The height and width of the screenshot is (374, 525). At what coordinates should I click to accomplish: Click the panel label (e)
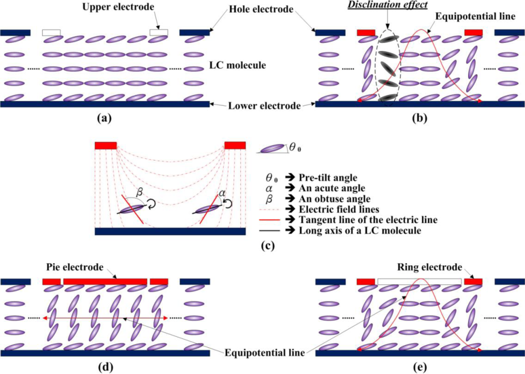point(419,366)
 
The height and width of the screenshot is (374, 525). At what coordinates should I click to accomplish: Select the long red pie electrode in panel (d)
point(105,282)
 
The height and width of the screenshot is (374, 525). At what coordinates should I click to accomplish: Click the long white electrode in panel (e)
point(419,282)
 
